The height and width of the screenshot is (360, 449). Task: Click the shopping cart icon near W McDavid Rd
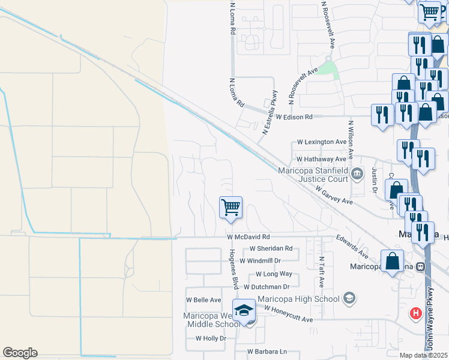tap(231, 208)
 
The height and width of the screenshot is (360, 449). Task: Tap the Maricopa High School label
tap(298, 299)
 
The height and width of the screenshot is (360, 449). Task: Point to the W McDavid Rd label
tap(249, 237)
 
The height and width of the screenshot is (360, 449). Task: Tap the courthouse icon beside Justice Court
tap(357, 175)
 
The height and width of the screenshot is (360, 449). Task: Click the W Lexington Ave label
tap(322, 142)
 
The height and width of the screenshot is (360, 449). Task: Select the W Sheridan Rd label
tap(271, 248)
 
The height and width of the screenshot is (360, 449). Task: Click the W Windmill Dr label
tap(260, 261)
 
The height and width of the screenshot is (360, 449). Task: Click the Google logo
tap(20, 353)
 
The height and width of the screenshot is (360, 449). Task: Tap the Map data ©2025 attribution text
tap(423, 355)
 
